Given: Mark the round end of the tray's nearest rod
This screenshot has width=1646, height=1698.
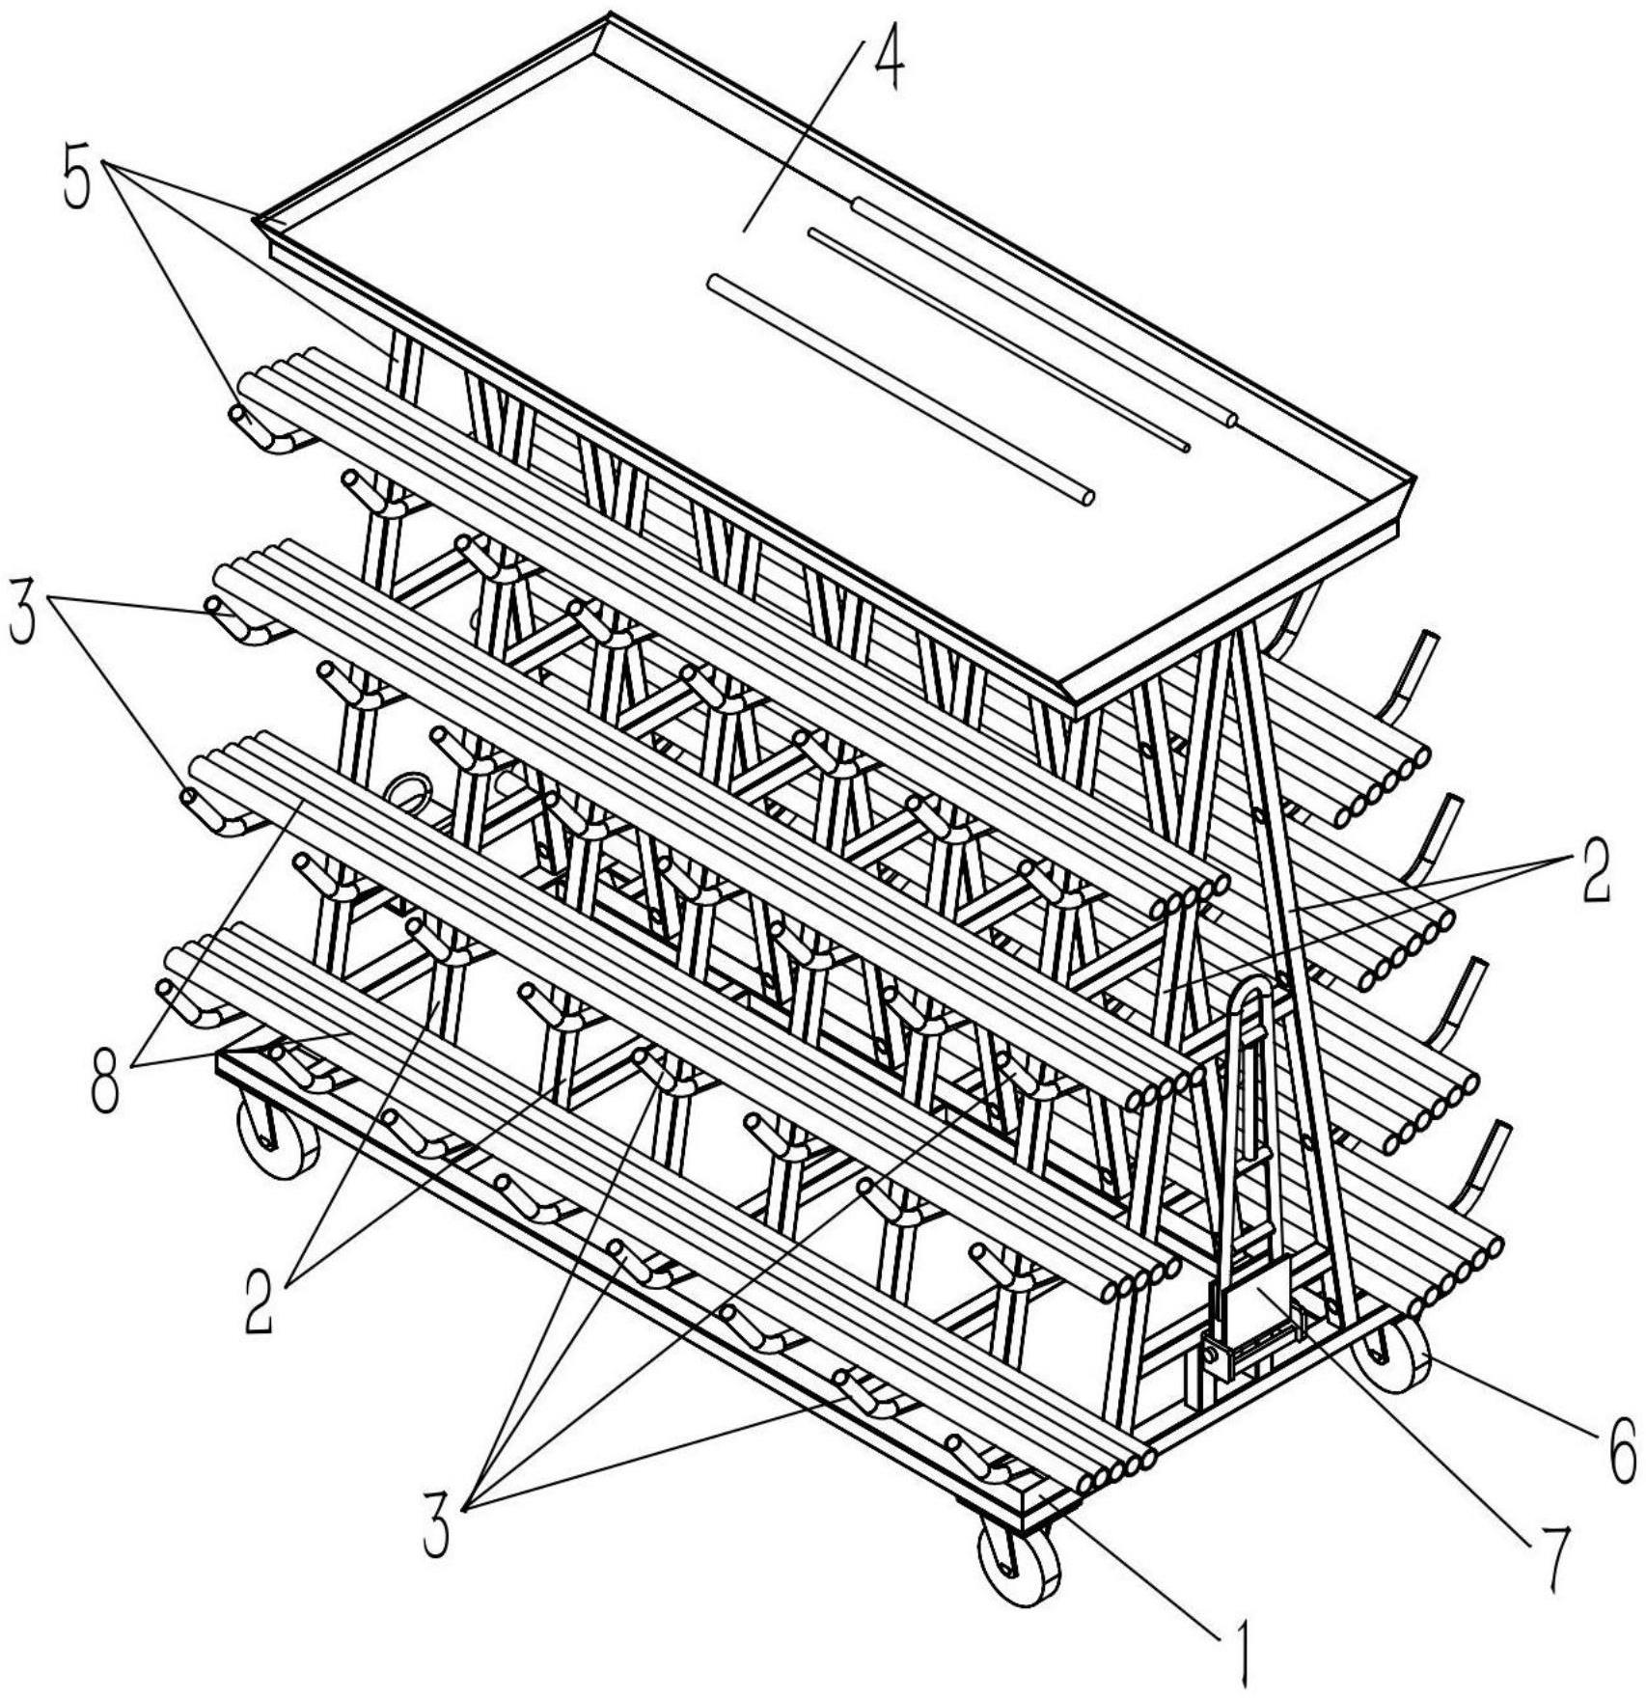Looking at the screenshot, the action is tap(1088, 498).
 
